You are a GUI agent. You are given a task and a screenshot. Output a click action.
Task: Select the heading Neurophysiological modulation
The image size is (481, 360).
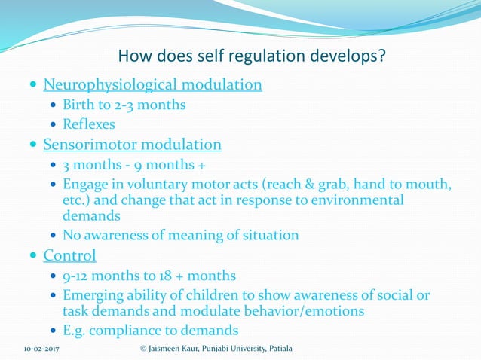(x=152, y=84)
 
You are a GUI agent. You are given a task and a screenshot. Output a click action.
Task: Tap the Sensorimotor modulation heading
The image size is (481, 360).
(x=132, y=144)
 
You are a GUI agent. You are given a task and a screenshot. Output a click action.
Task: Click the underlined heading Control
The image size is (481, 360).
(x=69, y=255)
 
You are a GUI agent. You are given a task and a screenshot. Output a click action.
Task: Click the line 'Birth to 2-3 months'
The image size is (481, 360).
(x=124, y=105)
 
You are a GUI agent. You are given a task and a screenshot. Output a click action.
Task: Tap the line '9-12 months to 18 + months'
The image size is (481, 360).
(x=149, y=276)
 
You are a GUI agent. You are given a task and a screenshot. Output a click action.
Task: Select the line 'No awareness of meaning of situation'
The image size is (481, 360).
(x=180, y=236)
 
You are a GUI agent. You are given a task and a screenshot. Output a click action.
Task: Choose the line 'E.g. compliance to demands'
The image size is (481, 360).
(x=150, y=330)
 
